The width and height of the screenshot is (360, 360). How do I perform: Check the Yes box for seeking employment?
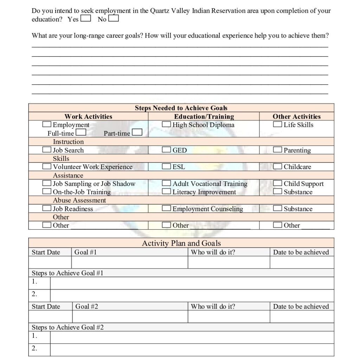(85, 18)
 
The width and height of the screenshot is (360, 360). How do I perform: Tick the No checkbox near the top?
(114, 18)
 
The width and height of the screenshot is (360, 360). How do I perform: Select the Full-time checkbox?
(81, 133)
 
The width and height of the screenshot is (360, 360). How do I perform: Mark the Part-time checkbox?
(137, 133)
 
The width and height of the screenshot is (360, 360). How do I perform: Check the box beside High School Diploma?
(166, 124)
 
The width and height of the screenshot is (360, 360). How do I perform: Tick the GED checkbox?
(166, 150)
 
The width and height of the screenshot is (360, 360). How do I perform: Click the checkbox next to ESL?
(166, 166)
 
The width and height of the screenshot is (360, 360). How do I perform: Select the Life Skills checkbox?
(277, 124)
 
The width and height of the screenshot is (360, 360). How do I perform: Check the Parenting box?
(277, 150)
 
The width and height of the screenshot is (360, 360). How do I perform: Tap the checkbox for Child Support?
(277, 183)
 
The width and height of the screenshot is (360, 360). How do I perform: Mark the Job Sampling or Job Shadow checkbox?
(46, 183)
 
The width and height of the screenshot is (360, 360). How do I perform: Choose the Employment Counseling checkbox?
(166, 208)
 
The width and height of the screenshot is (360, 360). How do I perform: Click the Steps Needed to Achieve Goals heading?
(181, 108)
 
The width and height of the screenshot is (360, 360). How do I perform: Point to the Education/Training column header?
(204, 116)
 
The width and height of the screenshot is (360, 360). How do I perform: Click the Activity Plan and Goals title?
(181, 243)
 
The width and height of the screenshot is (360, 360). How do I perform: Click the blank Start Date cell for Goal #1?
(50, 262)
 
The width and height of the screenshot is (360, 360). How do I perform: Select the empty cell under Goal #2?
(130, 316)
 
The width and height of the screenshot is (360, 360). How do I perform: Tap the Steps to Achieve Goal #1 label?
(67, 273)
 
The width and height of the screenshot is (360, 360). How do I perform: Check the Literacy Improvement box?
(166, 192)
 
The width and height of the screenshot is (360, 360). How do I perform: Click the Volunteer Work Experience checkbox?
(46, 166)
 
